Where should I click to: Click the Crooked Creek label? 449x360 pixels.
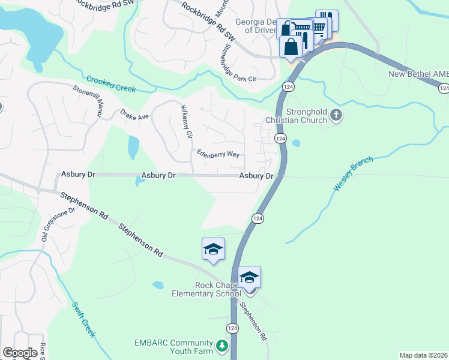pos(110,84)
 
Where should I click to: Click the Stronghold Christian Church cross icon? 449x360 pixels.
pos(337,116)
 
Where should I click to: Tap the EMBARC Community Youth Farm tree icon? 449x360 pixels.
pos(222,346)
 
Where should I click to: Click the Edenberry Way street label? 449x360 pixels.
pos(218,154)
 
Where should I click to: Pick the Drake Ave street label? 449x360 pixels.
pos(134,113)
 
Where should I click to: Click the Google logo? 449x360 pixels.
pos(20,353)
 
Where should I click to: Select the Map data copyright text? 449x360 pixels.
pos(424,355)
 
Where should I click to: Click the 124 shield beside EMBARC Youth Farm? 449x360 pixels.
pos(232,328)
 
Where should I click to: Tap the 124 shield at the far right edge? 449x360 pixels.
pos(443,88)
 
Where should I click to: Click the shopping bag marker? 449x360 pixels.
pos(291,46)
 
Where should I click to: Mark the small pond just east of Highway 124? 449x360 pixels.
pos(295,143)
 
